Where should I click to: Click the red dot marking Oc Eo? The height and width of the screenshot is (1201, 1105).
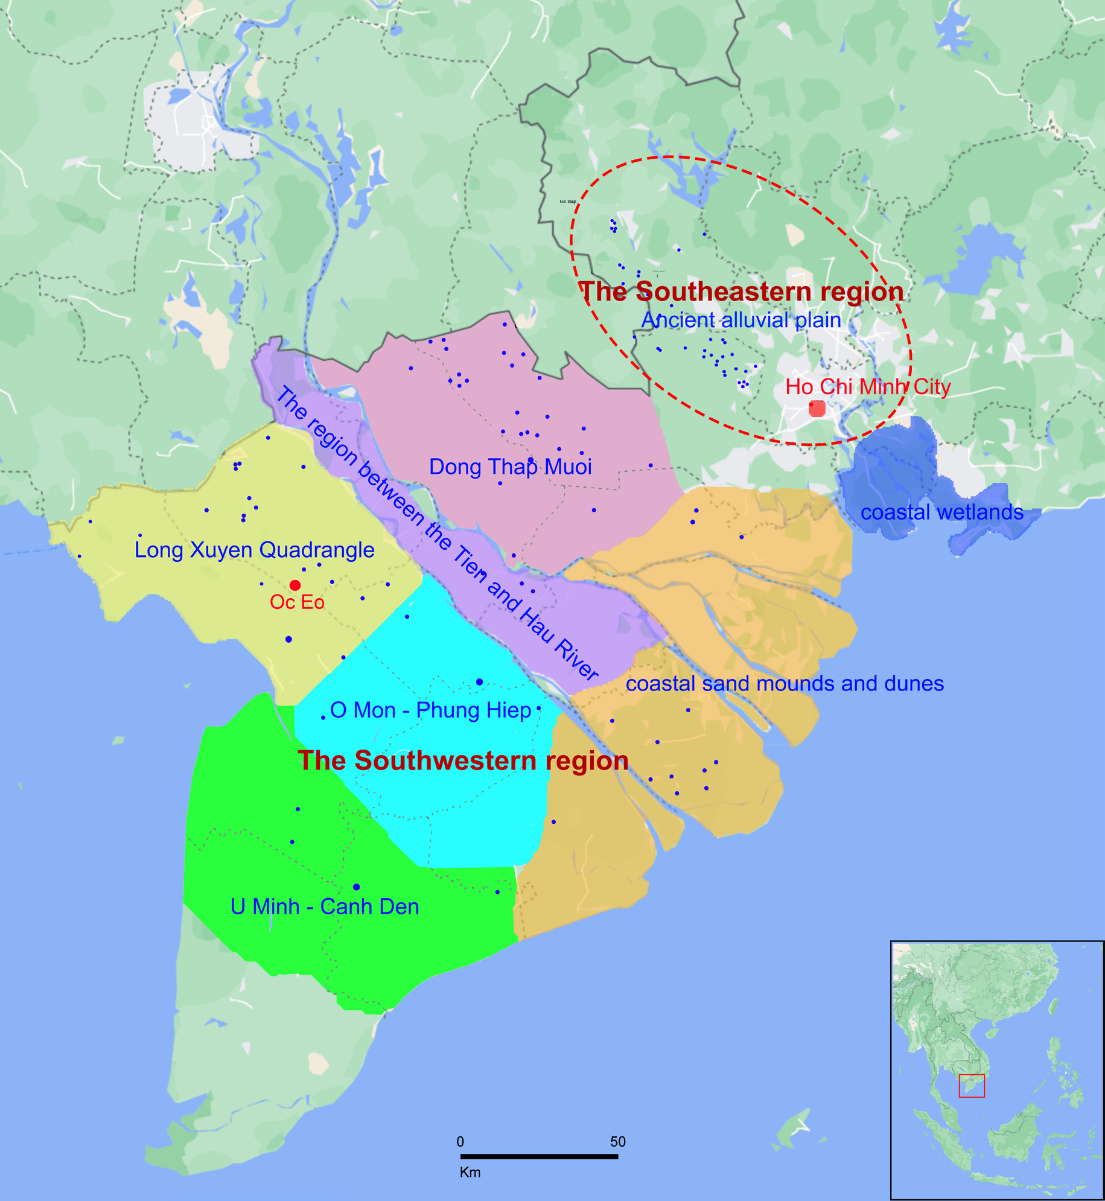click(295, 585)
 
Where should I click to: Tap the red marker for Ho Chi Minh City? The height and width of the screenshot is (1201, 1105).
click(817, 409)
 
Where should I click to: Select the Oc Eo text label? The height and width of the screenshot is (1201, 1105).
click(297, 602)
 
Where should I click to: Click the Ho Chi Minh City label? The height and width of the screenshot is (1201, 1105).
click(867, 387)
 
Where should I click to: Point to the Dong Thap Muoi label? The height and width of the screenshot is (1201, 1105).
click(510, 467)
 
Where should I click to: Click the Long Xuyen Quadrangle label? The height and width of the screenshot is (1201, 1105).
click(254, 550)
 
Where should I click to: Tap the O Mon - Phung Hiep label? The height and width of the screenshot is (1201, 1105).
click(430, 710)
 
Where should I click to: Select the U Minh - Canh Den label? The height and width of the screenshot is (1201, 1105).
click(325, 906)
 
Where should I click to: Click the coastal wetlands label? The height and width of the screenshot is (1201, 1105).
click(941, 512)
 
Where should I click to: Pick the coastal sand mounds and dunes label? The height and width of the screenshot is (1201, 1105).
click(784, 684)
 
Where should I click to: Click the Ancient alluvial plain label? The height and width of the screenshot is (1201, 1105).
click(740, 320)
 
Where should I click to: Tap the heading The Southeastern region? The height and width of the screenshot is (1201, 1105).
click(741, 291)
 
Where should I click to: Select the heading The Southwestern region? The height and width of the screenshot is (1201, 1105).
click(463, 760)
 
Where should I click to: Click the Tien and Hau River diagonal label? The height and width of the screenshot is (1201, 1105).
click(437, 534)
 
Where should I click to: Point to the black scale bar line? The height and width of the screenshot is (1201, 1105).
click(539, 1156)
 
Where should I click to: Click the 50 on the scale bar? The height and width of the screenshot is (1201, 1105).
click(617, 1141)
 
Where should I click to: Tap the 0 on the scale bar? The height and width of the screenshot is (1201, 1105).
click(460, 1141)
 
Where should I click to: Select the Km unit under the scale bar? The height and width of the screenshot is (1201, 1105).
click(470, 1172)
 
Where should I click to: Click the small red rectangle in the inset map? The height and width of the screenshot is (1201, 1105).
click(972, 1086)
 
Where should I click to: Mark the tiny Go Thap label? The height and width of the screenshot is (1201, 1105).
click(567, 202)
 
